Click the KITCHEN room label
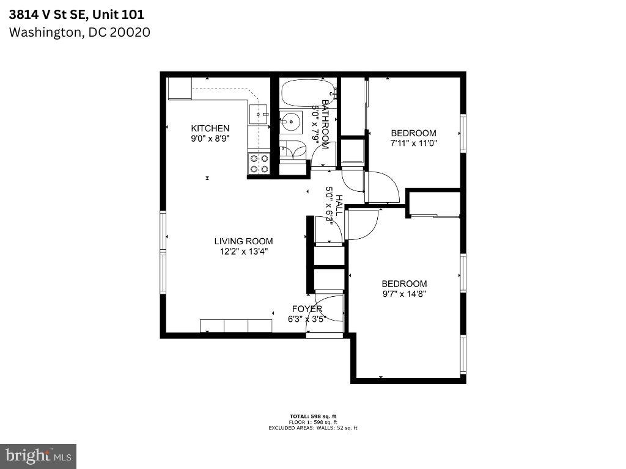pos(210,128)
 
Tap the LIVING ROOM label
pos(243,241)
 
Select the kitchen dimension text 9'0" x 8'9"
pos(210,139)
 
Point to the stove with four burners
pos(259,164)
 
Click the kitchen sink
pos(259,114)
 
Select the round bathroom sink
pos(291,122)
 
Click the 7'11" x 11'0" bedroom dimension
pos(414,144)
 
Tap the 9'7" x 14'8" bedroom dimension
pos(403,294)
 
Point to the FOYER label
pos(307,309)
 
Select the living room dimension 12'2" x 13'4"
pos(243,251)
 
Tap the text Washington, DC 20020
pos(79,32)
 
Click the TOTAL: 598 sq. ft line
pos(312,416)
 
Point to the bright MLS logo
pos(38,456)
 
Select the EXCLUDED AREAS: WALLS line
pos(312,428)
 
